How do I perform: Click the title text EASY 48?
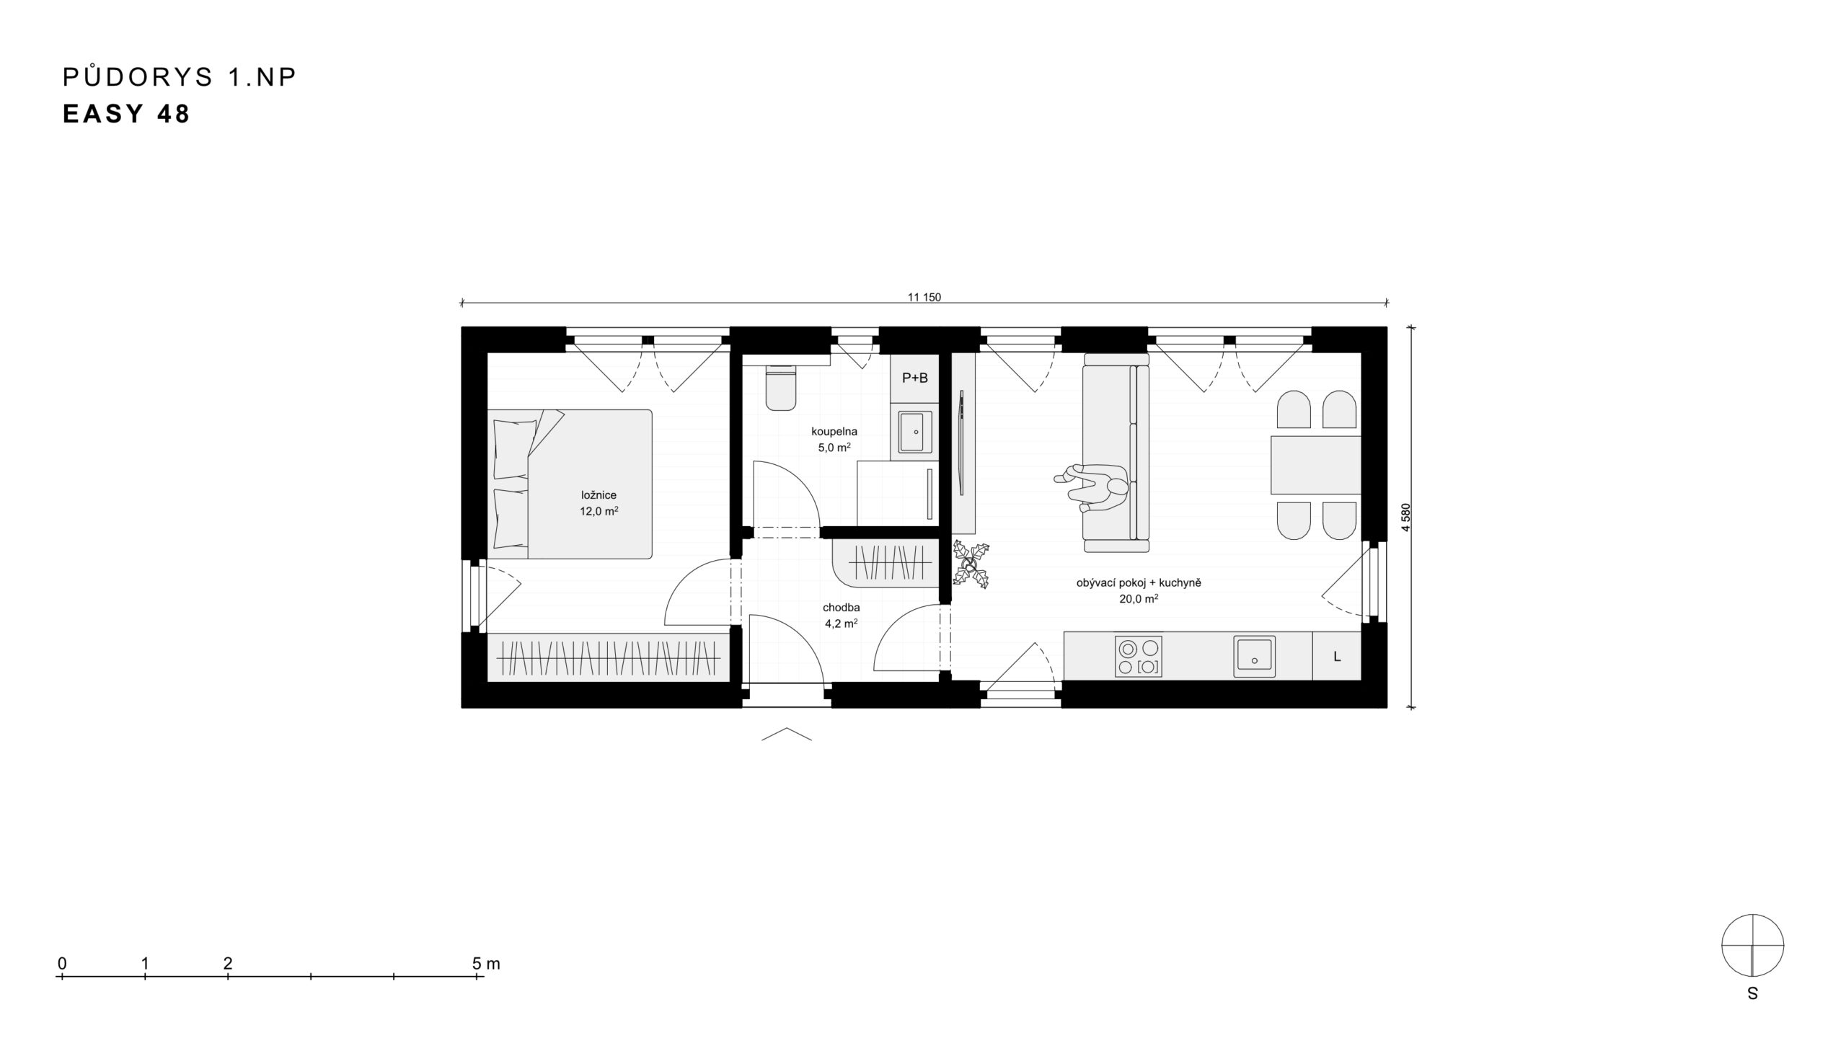pyautogui.click(x=126, y=115)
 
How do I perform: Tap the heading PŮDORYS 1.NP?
pyautogui.click(x=180, y=76)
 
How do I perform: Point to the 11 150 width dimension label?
pyautogui.click(x=924, y=297)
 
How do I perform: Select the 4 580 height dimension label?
pyautogui.click(x=1405, y=517)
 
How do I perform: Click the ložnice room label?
pyautogui.click(x=599, y=495)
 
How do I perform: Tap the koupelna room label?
pyautogui.click(x=834, y=432)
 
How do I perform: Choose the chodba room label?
pyautogui.click(x=839, y=608)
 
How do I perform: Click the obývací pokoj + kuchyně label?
pyautogui.click(x=1139, y=582)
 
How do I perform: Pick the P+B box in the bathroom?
pyautogui.click(x=915, y=378)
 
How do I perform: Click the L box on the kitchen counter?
pyautogui.click(x=1337, y=657)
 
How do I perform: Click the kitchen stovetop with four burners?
pyautogui.click(x=1138, y=657)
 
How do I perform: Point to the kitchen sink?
pyautogui.click(x=1254, y=657)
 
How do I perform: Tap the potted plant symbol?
pyautogui.click(x=971, y=563)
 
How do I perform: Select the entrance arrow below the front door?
pyautogui.click(x=787, y=734)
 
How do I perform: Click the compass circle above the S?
pyautogui.click(x=1752, y=945)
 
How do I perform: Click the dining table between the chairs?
pyautogui.click(x=1315, y=465)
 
